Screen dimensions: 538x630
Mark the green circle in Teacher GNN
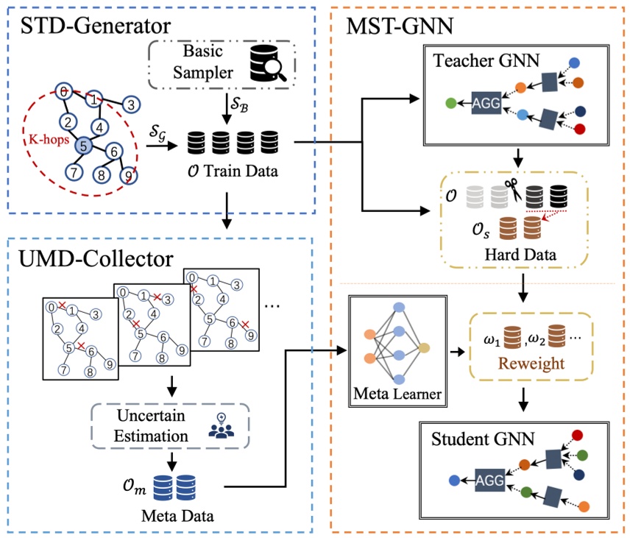450,104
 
